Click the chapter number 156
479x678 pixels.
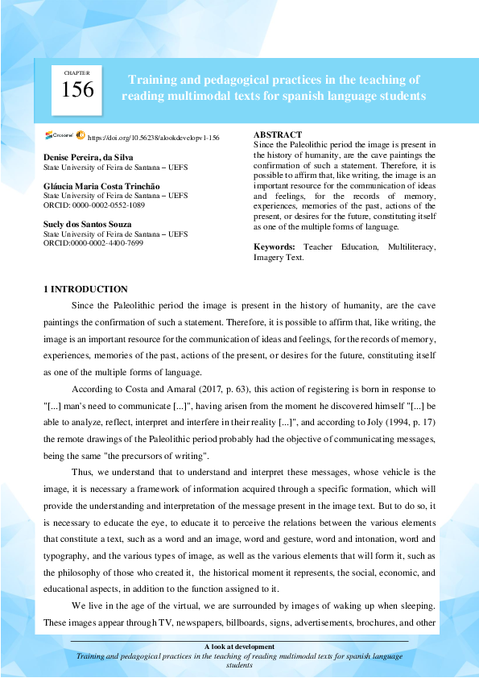[x=78, y=90]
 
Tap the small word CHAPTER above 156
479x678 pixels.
[x=77, y=73]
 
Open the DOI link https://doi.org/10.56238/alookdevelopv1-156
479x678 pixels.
[x=153, y=138]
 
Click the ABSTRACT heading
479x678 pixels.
[x=278, y=134]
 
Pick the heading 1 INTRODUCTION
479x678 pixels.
[x=85, y=289]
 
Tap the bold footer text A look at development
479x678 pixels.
[x=239, y=646]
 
